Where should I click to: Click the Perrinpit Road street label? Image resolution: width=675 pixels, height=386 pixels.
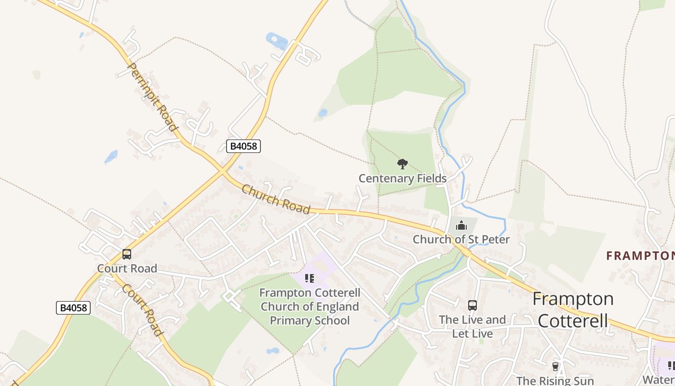tap(151, 97)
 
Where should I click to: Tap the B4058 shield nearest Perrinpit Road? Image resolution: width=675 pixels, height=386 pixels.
tap(243, 146)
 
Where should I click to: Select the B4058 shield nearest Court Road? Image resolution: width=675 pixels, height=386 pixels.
tap(73, 307)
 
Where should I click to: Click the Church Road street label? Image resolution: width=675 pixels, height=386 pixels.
tap(275, 199)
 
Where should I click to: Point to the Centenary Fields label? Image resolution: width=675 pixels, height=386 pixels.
tap(403, 179)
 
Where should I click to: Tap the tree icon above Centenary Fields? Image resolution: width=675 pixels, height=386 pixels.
tap(403, 164)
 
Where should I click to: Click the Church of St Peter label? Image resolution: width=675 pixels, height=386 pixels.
tap(461, 239)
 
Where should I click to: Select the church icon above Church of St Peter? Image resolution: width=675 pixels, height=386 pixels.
tap(461, 225)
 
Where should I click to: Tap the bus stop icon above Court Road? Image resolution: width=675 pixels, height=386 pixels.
tap(127, 254)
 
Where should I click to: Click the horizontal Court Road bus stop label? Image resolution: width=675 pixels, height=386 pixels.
tap(127, 268)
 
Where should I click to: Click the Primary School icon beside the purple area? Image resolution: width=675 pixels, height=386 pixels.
tap(310, 278)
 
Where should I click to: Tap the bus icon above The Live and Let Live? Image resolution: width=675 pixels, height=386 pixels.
tap(472, 305)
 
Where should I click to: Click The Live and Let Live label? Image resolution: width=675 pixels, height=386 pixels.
tap(472, 327)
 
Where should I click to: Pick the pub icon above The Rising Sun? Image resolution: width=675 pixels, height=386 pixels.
tap(555, 367)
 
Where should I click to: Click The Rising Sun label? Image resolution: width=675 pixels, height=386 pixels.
tap(555, 381)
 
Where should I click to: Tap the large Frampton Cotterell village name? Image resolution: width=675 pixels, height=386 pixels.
tap(573, 310)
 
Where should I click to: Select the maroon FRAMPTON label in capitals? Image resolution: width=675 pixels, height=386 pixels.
tap(640, 256)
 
